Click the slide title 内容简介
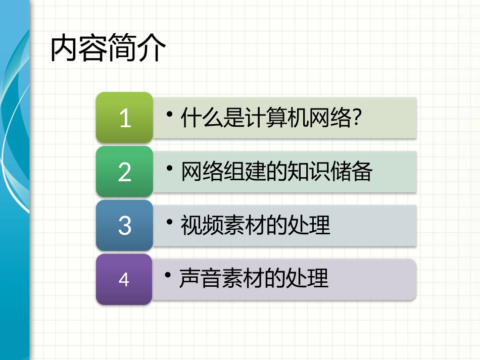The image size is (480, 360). coord(108,48)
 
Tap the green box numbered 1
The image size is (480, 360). coord(124,118)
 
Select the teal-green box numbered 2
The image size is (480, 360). coord(124,172)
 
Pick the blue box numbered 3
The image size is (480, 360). coord(124,226)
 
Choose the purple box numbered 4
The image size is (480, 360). coord(124,279)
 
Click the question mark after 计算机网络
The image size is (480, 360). coord(357,119)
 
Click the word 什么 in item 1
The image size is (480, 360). coord(198,119)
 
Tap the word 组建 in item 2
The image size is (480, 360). coord(240,172)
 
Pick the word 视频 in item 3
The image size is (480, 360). coord(198,225)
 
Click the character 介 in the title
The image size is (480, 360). coord(152,48)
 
